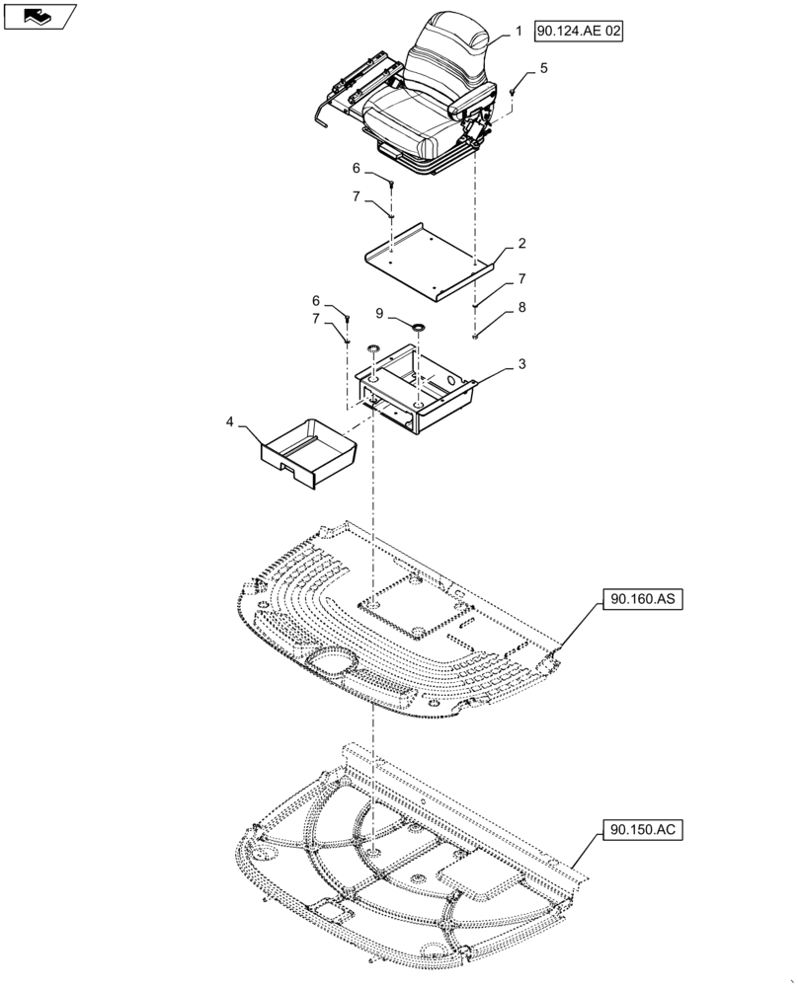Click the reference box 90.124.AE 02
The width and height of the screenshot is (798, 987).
pyautogui.click(x=580, y=32)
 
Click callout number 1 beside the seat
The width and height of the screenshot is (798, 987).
pyautogui.click(x=518, y=32)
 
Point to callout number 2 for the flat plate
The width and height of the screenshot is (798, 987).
pyautogui.click(x=520, y=244)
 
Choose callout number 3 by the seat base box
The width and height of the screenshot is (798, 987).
pyautogui.click(x=521, y=363)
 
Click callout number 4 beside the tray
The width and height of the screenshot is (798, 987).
pyautogui.click(x=229, y=422)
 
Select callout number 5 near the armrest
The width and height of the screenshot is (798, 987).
pyautogui.click(x=542, y=68)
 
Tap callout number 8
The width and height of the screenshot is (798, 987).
pyautogui.click(x=521, y=307)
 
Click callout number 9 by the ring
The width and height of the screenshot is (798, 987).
pyautogui.click(x=380, y=312)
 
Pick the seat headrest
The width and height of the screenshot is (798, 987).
pyautogui.click(x=452, y=39)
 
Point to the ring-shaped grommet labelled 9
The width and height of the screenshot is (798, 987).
pyautogui.click(x=416, y=325)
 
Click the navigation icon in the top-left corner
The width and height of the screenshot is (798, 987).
pyautogui.click(x=40, y=16)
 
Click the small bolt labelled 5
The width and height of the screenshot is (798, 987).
pyautogui.click(x=514, y=91)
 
